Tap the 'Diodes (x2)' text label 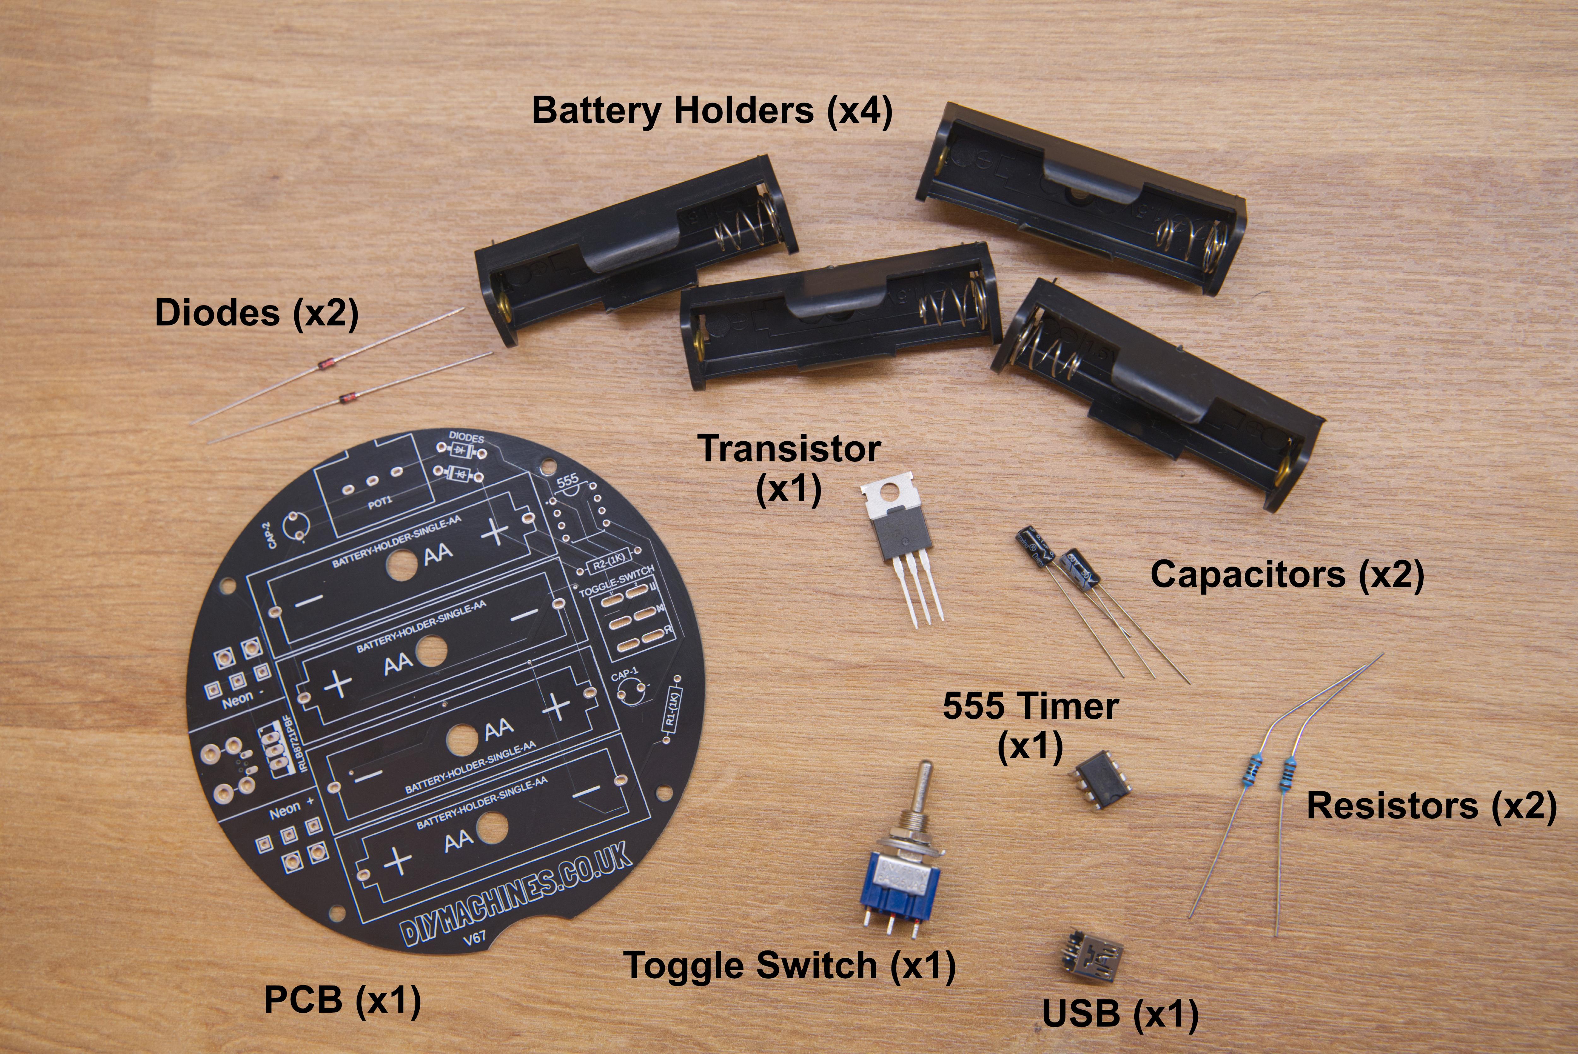257,313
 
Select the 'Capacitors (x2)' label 1287,575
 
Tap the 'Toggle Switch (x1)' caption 790,966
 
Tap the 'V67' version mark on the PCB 474,938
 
